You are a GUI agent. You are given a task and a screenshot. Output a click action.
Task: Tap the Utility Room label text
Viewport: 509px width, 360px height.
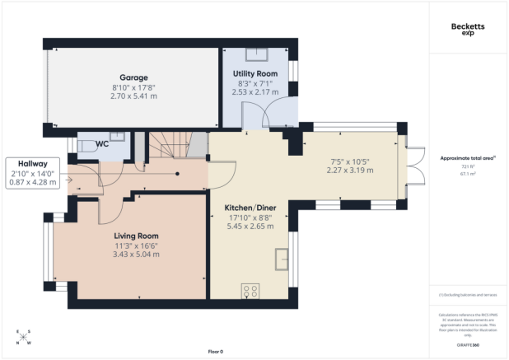click(x=255, y=74)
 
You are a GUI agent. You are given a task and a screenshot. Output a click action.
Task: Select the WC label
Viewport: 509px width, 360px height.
click(x=102, y=144)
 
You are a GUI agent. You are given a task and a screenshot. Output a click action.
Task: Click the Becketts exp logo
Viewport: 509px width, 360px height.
click(x=468, y=28)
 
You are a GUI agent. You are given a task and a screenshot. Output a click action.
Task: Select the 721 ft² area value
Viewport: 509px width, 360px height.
click(x=468, y=166)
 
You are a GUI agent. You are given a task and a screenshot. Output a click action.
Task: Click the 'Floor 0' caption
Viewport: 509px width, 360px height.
click(x=216, y=352)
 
